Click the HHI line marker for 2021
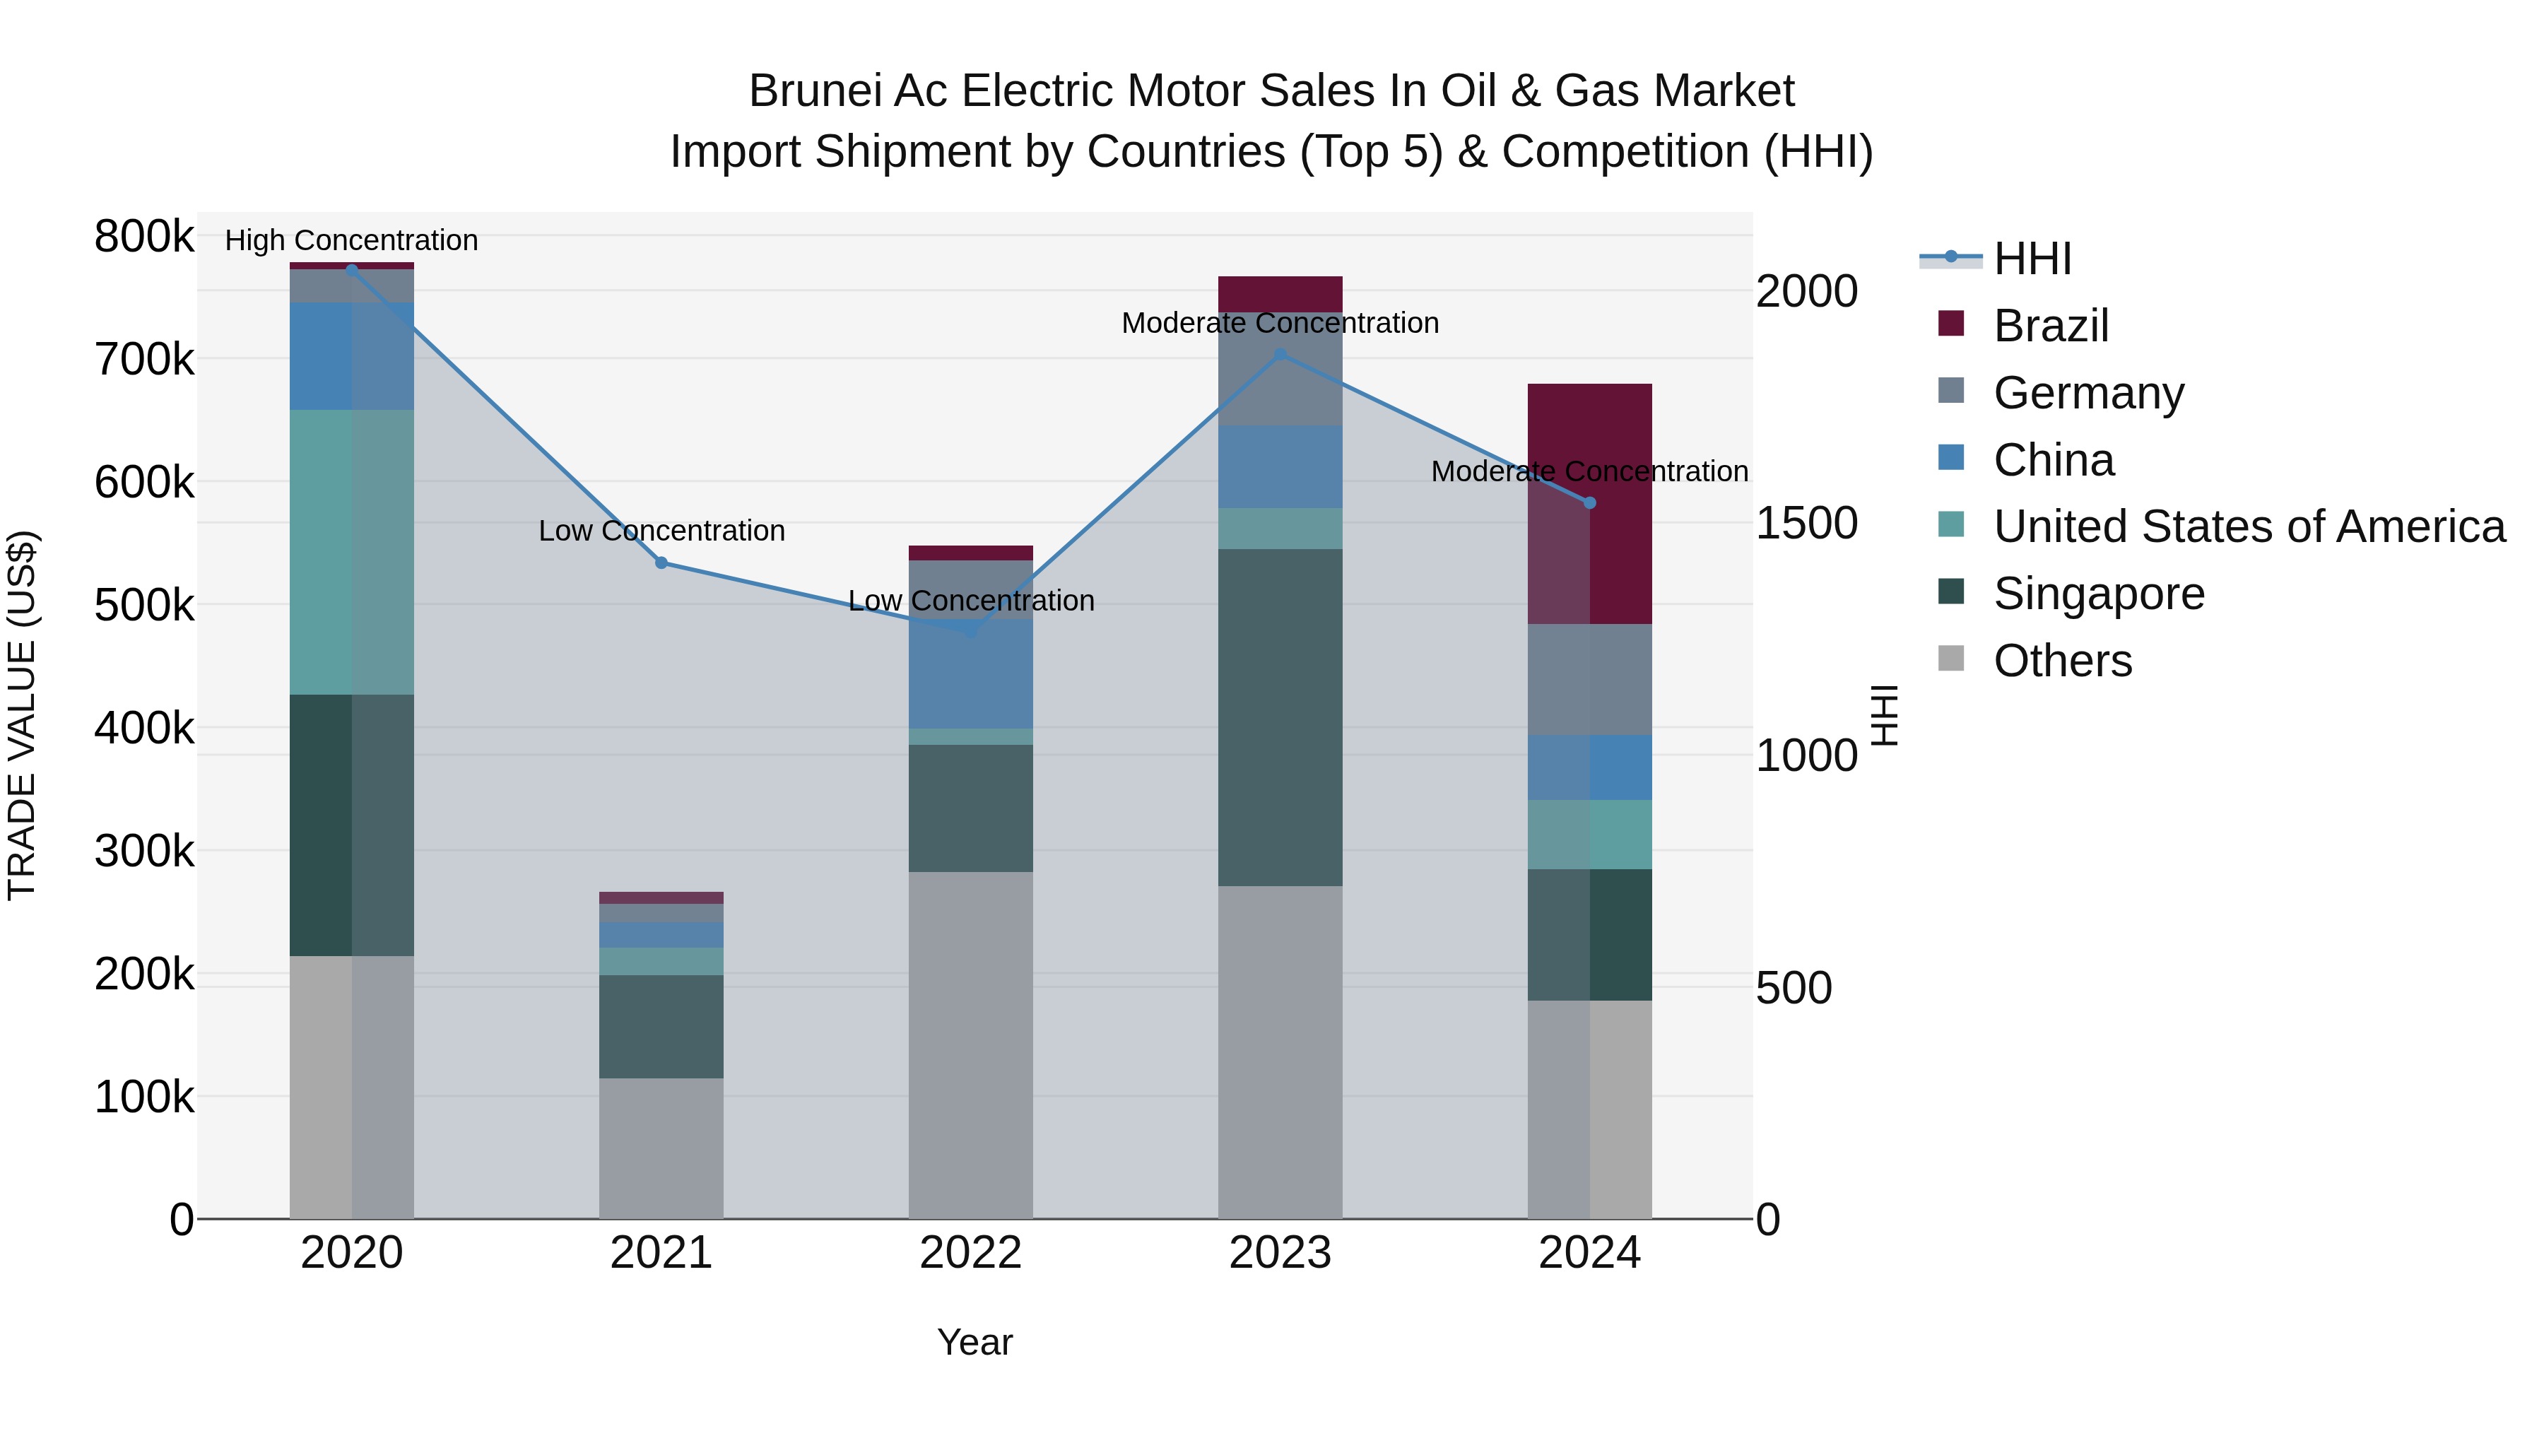pyautogui.click(x=661, y=563)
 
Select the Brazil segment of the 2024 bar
pyautogui.click(x=1590, y=504)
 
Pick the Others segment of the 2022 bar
pyautogui.click(x=971, y=1045)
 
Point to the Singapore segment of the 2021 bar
pyautogui.click(x=661, y=1026)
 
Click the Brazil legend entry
pyautogui.click(x=2050, y=326)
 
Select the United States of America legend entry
pyautogui.click(x=2249, y=526)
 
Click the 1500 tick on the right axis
pyautogui.click(x=1806, y=524)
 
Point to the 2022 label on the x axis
pyautogui.click(x=971, y=1253)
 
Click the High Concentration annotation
pyautogui.click(x=352, y=240)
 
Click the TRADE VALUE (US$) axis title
pyautogui.click(x=22, y=715)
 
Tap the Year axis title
pyautogui.click(x=974, y=1342)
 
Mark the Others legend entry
pyautogui.click(x=2062, y=661)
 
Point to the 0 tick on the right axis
pyautogui.click(x=1768, y=1220)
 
